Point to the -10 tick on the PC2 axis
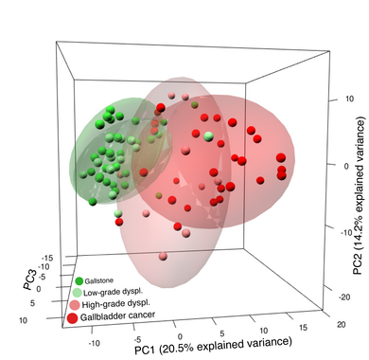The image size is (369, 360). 328,228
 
